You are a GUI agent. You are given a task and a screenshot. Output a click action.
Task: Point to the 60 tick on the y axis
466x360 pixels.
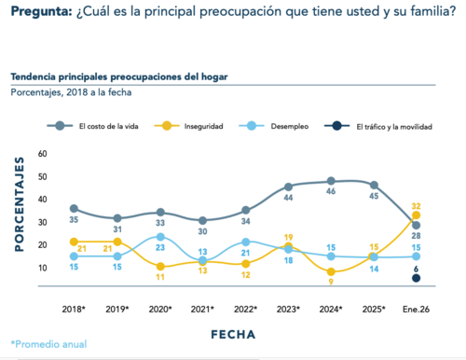(42, 153)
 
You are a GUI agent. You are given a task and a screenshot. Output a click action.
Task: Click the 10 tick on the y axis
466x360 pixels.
(42, 268)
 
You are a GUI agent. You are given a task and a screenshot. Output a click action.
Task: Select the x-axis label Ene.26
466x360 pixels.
(415, 309)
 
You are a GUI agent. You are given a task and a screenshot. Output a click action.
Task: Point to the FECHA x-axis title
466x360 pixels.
(240, 331)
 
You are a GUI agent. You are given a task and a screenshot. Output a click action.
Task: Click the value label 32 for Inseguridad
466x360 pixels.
(417, 206)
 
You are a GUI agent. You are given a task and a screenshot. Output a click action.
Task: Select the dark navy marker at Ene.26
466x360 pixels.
(415, 277)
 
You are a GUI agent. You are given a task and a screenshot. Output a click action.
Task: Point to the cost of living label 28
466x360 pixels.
(417, 236)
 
